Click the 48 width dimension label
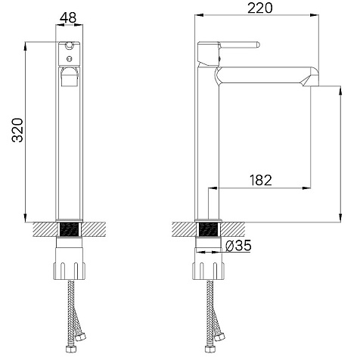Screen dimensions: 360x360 point(68,17)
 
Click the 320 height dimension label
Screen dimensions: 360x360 point(18,130)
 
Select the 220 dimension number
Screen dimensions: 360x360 point(260,8)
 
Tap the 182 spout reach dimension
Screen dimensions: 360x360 point(261,180)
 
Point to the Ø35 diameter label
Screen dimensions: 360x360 point(238,245)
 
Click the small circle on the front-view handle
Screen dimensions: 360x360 point(69,59)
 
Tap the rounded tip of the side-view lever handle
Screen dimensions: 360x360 point(258,45)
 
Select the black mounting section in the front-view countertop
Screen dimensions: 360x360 point(69,229)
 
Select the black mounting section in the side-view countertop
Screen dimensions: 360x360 point(208,229)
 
